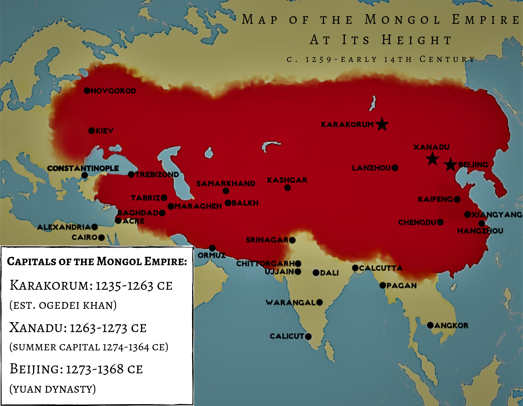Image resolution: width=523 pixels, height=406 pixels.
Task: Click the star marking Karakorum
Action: point(382,124)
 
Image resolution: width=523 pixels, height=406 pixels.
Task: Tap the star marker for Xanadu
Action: point(433,159)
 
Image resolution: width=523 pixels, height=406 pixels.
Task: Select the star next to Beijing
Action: point(450,165)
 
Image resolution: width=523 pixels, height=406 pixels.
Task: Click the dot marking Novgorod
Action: point(87,91)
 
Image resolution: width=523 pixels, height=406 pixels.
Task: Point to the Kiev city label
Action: point(104,131)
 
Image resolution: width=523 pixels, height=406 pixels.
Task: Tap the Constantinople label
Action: point(83,168)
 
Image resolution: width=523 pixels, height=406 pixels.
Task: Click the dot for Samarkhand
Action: point(226,191)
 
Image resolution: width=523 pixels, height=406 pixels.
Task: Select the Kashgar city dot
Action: point(288,188)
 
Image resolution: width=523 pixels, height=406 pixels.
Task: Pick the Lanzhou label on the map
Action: point(371,168)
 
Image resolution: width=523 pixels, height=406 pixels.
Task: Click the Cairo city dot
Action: point(101,237)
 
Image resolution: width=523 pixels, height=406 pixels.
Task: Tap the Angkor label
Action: point(451,326)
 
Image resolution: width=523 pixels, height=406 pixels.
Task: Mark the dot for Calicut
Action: point(308,336)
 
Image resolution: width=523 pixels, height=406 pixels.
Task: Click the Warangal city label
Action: point(291,303)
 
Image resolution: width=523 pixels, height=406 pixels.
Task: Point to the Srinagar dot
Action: point(292,240)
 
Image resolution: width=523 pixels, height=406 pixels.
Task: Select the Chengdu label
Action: point(417,222)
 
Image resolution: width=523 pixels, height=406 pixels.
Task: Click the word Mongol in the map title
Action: point(403,20)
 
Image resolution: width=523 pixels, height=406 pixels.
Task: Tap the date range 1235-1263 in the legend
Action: point(124,286)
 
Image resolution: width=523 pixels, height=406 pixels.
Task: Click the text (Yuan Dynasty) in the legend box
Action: point(53,389)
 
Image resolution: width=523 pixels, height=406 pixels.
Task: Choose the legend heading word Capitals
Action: point(31,261)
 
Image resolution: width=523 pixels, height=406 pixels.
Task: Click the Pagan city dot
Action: point(383,285)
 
